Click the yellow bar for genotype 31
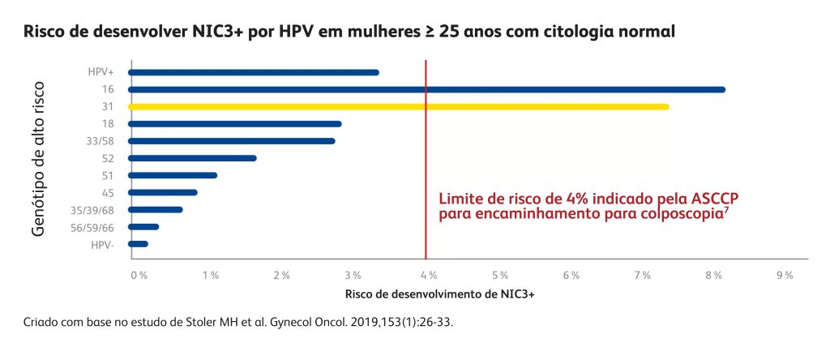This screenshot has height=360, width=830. coord(397,106)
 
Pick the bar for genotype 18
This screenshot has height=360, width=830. coord(234,124)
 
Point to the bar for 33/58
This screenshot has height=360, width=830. coord(231,141)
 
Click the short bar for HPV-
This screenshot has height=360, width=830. coord(138,244)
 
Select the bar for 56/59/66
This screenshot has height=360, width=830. coord(143,227)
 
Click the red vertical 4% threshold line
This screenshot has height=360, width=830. coord(426,162)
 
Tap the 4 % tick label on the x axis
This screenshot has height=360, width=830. coord(427,276)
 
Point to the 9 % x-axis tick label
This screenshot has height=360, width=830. coord(784,276)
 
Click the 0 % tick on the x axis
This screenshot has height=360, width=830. coord(139,276)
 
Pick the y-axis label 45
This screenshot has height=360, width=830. coord(108,193)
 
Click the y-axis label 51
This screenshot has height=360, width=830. coord(108,175)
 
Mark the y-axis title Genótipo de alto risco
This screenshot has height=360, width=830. coord(39,158)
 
